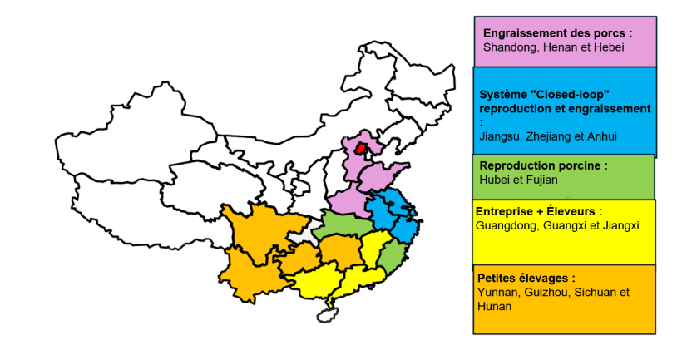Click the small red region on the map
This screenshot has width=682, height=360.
click(360, 149)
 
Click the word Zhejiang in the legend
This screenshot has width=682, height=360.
click(554, 136)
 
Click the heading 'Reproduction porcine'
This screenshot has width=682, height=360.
click(543, 165)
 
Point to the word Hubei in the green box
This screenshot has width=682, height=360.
click(496, 179)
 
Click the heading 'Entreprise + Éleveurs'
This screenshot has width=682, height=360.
click(538, 212)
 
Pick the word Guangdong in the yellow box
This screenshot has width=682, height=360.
click(507, 224)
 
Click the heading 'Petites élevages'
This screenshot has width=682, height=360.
click(526, 278)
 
